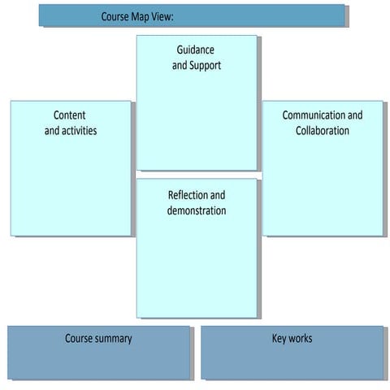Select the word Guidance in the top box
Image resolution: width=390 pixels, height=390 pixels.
[196, 50]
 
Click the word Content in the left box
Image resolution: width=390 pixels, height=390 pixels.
[70, 115]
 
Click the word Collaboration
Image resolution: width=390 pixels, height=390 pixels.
[323, 130]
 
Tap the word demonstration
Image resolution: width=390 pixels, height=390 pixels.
[197, 210]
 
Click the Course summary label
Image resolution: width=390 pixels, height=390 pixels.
[98, 338]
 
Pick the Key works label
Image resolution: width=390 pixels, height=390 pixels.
[292, 338]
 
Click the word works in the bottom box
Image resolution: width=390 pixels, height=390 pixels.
[300, 338]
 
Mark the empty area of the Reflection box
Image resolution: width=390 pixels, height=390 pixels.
[197, 268]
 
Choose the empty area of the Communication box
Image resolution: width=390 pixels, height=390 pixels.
[323, 187]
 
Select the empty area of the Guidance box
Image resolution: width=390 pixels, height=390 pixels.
[197, 122]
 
